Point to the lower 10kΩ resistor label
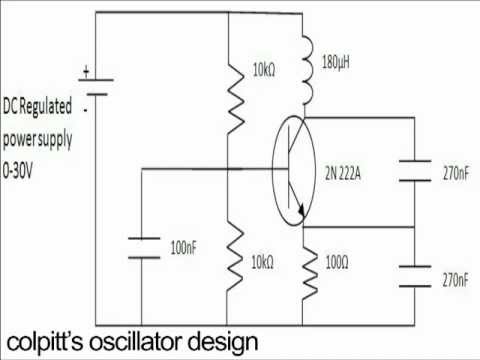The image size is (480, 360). (264, 262)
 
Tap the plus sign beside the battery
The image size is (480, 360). (86, 71)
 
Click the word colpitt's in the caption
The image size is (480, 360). (44, 341)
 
